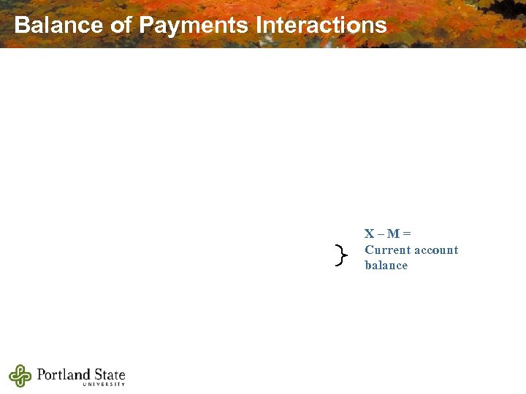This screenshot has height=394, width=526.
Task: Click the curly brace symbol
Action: [x=340, y=255]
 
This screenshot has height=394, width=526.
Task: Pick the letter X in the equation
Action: [x=370, y=233]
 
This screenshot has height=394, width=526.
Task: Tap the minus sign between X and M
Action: [x=381, y=233]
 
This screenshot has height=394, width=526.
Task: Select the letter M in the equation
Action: [x=393, y=233]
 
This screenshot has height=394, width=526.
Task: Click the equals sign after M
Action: [x=407, y=233]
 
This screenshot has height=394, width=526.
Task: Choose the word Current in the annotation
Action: [x=386, y=250]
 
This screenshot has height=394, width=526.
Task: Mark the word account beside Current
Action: [x=435, y=250]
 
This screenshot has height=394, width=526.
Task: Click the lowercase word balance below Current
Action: [x=386, y=265]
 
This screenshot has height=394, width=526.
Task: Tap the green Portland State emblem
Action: [x=20, y=376]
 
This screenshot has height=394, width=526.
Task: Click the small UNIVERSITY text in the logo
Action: [x=104, y=385]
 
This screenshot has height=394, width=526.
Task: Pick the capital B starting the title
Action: [x=21, y=26]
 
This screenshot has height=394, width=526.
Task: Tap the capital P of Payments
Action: [x=146, y=26]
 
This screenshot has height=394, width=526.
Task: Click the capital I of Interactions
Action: [x=259, y=26]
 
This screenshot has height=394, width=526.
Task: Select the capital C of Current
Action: [x=369, y=250]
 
